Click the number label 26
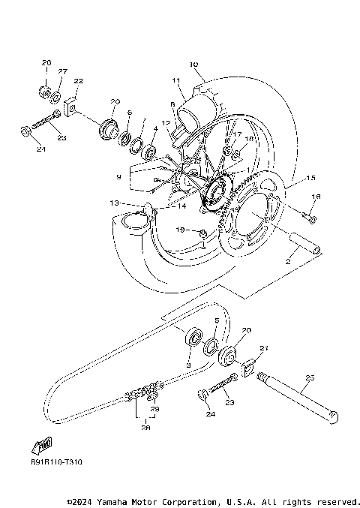(x=46, y=62)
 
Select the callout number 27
(x=63, y=71)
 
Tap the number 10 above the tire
(x=194, y=65)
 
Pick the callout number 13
(x=113, y=203)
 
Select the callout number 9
(x=118, y=176)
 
